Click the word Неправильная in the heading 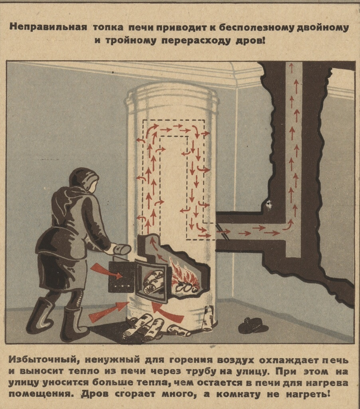pos(48,28)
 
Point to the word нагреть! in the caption pos(308,393)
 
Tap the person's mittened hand pos(121,250)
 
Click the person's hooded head pos(84,181)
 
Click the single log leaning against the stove pos(209,318)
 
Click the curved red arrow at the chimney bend pos(288,225)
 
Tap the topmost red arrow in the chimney pos(291,68)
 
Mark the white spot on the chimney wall pos(269,204)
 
